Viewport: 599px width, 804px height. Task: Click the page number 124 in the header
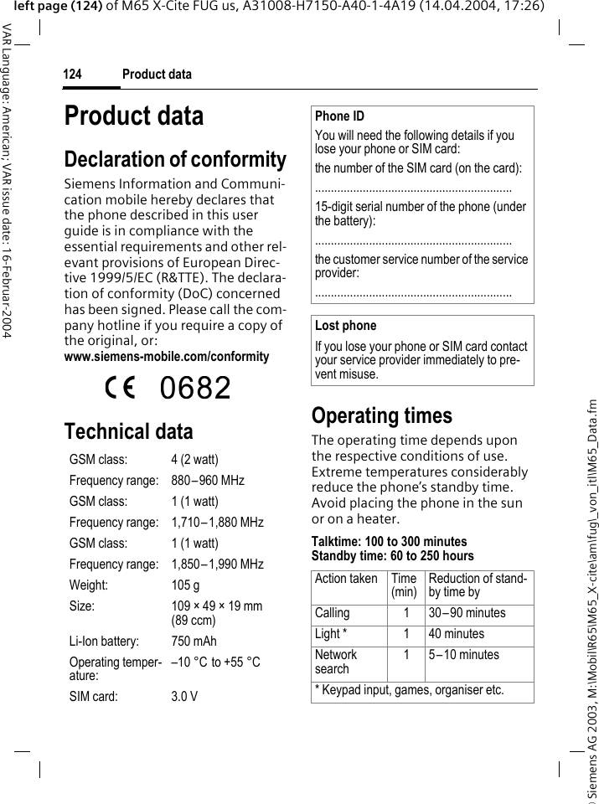[x=72, y=75]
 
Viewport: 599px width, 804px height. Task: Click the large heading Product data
[x=134, y=116]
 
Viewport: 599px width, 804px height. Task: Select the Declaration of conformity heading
[x=175, y=159]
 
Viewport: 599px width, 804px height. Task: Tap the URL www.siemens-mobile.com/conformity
[x=167, y=357]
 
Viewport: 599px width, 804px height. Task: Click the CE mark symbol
[x=119, y=388]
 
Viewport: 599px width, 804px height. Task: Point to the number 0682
[x=195, y=388]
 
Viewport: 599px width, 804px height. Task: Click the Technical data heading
[x=128, y=431]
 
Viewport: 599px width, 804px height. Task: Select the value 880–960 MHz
[x=208, y=481]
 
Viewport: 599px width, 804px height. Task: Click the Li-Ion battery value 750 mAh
[x=194, y=642]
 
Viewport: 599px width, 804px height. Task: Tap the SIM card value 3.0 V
[x=184, y=696]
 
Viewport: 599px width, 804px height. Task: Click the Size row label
[x=82, y=606]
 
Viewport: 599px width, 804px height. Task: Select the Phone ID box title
[x=339, y=116]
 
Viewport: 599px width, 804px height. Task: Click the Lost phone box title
[x=345, y=326]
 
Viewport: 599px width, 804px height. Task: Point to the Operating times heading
[x=381, y=415]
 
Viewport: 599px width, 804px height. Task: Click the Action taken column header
[x=346, y=579]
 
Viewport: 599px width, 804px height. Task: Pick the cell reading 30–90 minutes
[x=467, y=613]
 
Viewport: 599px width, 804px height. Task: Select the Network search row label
[x=336, y=662]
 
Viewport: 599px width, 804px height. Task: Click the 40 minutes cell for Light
[x=456, y=634]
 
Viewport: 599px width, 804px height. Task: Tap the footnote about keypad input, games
[x=409, y=691]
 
